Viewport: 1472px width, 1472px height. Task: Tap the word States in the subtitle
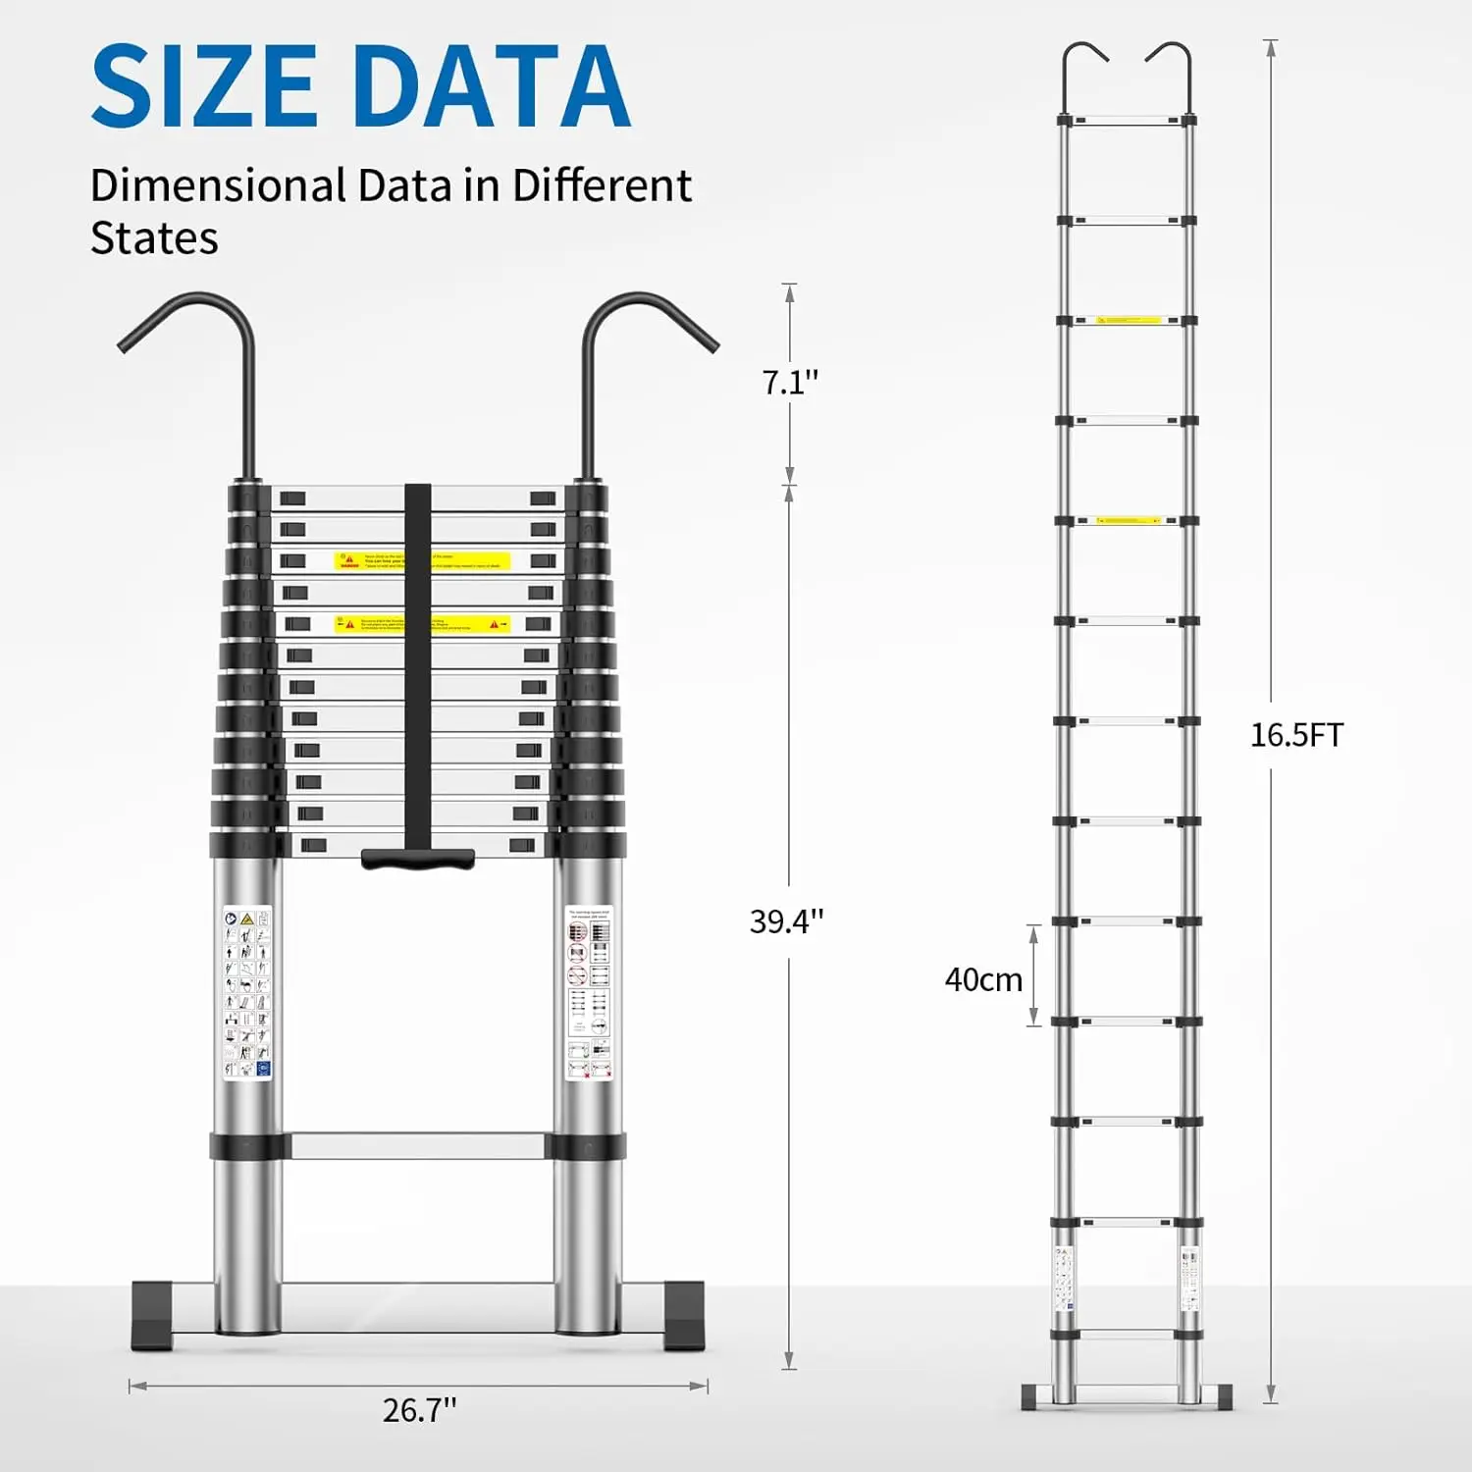click(154, 238)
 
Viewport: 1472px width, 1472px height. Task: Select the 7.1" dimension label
click(790, 382)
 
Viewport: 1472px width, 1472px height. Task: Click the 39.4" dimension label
click(786, 920)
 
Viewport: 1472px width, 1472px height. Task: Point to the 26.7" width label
click(419, 1410)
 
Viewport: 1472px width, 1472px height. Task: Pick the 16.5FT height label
click(1295, 735)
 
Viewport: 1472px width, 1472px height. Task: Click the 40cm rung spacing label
click(983, 979)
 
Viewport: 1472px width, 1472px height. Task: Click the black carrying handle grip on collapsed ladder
click(418, 859)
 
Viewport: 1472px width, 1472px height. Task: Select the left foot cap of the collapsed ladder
click(155, 1315)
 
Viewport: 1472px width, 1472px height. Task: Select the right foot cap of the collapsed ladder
click(683, 1315)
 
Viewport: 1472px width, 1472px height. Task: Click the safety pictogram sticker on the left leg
click(246, 993)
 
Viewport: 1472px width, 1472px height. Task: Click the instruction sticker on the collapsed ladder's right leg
click(589, 993)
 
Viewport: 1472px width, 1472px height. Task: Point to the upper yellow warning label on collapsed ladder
click(422, 561)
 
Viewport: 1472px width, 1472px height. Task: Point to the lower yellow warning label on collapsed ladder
click(422, 624)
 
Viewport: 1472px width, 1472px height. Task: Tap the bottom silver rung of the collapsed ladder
click(417, 1145)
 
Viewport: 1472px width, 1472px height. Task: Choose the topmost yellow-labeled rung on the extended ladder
click(1128, 320)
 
